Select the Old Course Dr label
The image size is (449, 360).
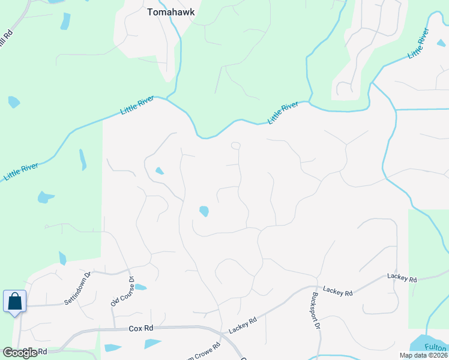[x=122, y=291]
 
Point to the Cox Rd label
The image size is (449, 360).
[x=141, y=328]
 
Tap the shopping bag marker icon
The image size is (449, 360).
[x=14, y=301]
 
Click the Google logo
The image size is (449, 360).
[x=20, y=353]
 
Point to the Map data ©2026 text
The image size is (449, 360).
[x=423, y=355]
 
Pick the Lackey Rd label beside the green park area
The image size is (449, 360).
[x=402, y=278]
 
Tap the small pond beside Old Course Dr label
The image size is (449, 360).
[x=140, y=287]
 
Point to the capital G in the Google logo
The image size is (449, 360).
[x=8, y=353]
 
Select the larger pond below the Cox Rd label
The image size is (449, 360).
[x=152, y=344]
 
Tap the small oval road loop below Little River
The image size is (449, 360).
[x=236, y=145]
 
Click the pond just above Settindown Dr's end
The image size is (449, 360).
[x=62, y=259]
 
